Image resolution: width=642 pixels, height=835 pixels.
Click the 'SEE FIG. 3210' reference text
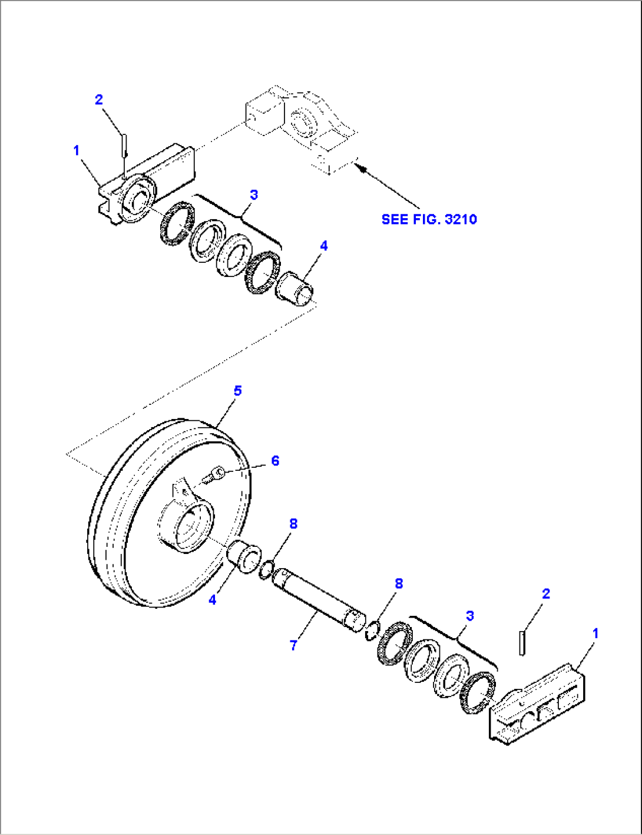tap(429, 219)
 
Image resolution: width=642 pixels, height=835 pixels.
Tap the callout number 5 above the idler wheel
tap(237, 391)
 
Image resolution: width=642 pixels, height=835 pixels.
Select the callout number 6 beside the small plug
tap(275, 461)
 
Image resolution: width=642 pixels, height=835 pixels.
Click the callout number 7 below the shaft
tap(293, 645)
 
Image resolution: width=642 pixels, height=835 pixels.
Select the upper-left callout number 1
tap(76, 151)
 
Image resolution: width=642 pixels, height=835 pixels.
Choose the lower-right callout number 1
tap(595, 633)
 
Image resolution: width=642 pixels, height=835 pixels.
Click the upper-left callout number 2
tap(99, 100)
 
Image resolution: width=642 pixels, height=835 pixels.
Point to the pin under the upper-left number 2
tap(124, 145)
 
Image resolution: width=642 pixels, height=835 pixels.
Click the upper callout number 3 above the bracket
tap(254, 194)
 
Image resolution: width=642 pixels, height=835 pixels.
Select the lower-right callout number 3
tap(469, 616)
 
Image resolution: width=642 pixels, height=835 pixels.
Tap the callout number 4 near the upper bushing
tap(323, 246)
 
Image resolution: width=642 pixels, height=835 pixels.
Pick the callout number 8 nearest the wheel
tap(293, 523)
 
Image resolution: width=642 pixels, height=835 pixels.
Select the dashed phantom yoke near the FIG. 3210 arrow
tap(300, 127)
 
